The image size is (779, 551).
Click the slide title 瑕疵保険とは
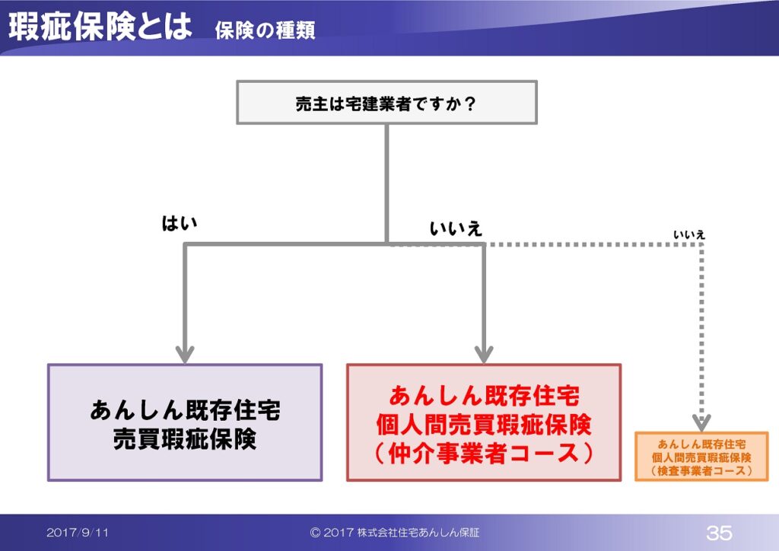coord(100,26)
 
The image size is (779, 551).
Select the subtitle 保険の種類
coord(265,30)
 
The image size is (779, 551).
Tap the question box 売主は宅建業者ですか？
coord(386,102)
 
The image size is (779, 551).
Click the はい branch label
coord(180,223)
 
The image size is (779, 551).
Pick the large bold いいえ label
coord(456,228)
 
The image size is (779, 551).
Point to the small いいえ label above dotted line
coord(689,234)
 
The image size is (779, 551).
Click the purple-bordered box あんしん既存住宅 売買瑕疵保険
coord(185,422)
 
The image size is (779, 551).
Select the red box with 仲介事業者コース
coord(484,422)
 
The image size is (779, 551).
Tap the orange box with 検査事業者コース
coord(701,457)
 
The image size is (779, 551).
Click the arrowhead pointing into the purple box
coord(185,354)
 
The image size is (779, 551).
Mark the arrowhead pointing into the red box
coord(484,354)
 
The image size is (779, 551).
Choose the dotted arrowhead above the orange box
coord(701,423)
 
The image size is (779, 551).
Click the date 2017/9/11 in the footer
coord(78,533)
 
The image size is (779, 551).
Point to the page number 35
coord(719,533)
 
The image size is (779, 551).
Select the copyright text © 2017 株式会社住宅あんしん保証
coord(395,533)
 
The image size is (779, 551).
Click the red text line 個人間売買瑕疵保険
coord(483,425)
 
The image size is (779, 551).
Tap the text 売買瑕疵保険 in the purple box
coord(185,438)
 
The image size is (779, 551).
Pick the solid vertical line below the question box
coord(386,183)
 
